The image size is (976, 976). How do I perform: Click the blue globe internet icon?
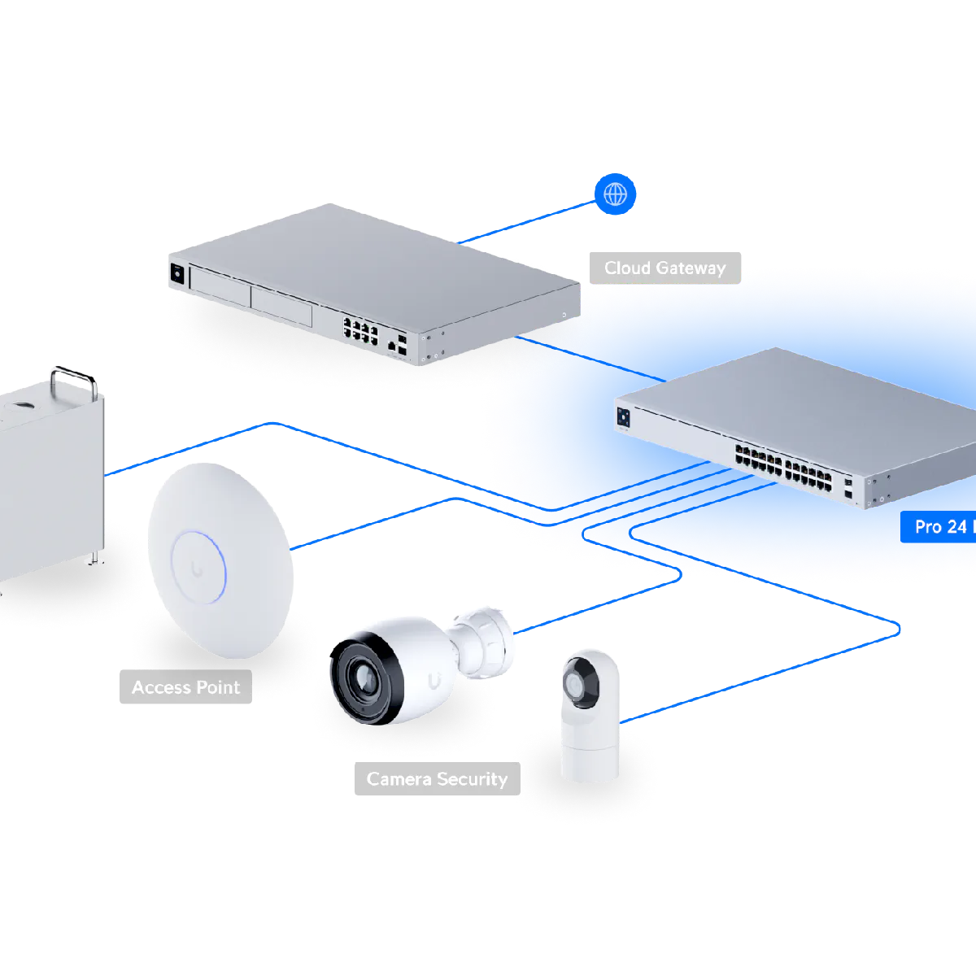pos(615,195)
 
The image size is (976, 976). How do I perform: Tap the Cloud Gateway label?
pos(664,268)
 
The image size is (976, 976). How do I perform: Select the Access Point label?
pos(185,687)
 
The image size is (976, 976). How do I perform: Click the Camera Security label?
pos(437,779)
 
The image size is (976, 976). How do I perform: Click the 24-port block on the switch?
pos(784,468)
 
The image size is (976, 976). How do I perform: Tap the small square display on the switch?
pos(624,416)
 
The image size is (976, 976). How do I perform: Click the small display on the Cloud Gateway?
pos(176,273)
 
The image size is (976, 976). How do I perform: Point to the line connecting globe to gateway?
pos(529,221)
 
